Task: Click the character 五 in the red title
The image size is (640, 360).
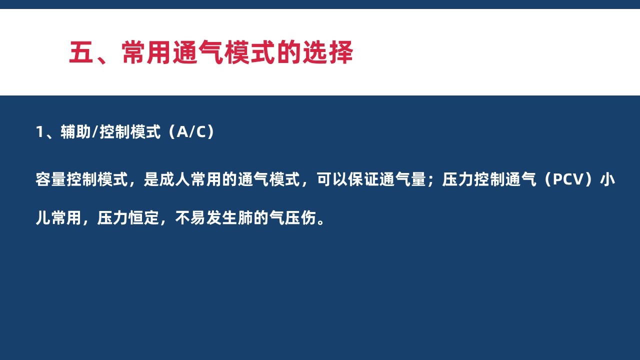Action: pos(81,52)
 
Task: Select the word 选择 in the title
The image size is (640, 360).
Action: pos(328,52)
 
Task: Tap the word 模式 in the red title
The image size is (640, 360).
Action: pos(249,52)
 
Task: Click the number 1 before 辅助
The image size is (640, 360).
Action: pos(39,132)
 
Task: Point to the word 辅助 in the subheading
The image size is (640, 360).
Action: pos(75,132)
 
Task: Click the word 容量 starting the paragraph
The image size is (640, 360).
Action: pos(51,179)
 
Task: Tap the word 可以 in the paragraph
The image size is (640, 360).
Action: pos(332,179)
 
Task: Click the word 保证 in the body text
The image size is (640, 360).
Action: pos(363,179)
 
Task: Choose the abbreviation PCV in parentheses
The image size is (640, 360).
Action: pos(567,179)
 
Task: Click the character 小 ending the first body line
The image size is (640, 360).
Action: pos(607,179)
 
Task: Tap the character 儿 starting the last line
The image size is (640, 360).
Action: pos(43,218)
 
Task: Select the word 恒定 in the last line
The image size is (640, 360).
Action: pos(143,218)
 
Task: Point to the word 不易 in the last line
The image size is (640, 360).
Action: pos(190,218)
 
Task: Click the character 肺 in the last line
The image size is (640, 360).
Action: pos(245,218)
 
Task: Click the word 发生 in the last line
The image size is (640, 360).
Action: pos(221,218)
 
